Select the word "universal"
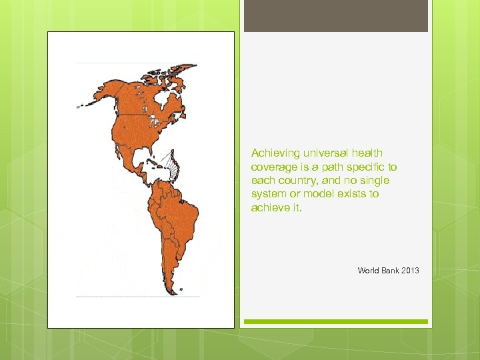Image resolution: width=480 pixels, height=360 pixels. tap(322, 153)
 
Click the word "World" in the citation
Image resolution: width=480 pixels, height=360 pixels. tap(369, 271)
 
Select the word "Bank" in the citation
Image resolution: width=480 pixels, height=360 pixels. tap(391, 271)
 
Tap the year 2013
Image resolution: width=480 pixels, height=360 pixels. tap(411, 271)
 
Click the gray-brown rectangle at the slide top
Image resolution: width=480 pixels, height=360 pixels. tap(335, 16)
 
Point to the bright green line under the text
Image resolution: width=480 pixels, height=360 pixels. tap(335, 321)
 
